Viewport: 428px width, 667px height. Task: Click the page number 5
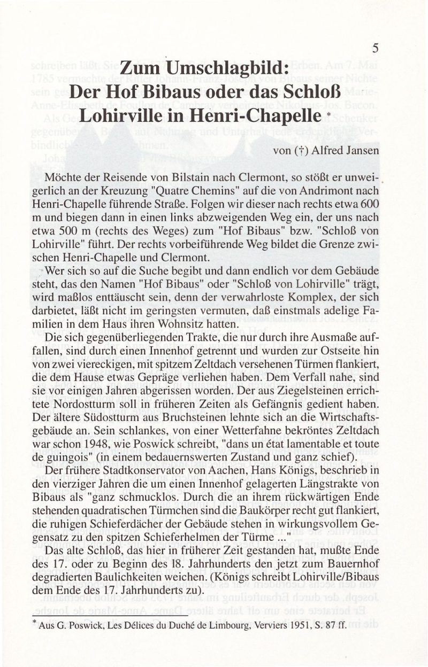click(x=376, y=48)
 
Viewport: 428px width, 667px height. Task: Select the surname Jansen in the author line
click(x=360, y=150)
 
